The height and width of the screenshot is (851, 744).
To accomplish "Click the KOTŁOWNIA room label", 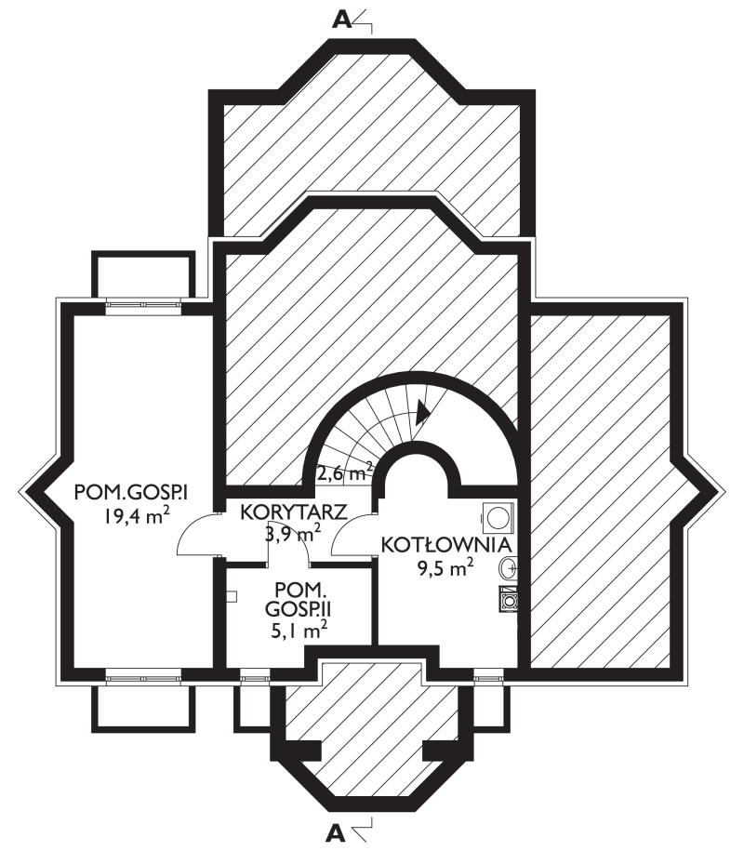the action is coord(446,545).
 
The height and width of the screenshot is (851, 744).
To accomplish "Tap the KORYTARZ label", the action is coord(294,512).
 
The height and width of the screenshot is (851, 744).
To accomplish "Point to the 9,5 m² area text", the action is coord(445,568).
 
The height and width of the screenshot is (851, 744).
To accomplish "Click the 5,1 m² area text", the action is coord(299,631).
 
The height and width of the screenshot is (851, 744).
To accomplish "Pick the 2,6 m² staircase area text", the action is coord(345,472).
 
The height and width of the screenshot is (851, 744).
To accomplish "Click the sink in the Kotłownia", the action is coord(508,567).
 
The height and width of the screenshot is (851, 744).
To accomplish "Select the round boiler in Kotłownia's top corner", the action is coord(498,517).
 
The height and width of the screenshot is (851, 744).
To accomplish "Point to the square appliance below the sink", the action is coord(508,599).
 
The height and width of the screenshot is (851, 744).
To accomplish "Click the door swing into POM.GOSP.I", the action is coord(195,534).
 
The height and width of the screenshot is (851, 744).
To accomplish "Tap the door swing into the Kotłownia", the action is coord(352,534).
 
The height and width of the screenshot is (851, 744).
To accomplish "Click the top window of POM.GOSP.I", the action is coord(143,303).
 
